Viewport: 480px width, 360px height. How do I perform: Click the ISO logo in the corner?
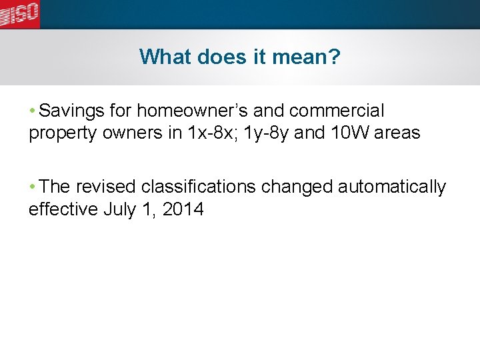pos(20,13)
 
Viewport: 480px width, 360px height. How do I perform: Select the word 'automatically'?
pos(392,187)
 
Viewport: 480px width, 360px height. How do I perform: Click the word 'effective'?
pos(64,210)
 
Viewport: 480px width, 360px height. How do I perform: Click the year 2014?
pos(183,210)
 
